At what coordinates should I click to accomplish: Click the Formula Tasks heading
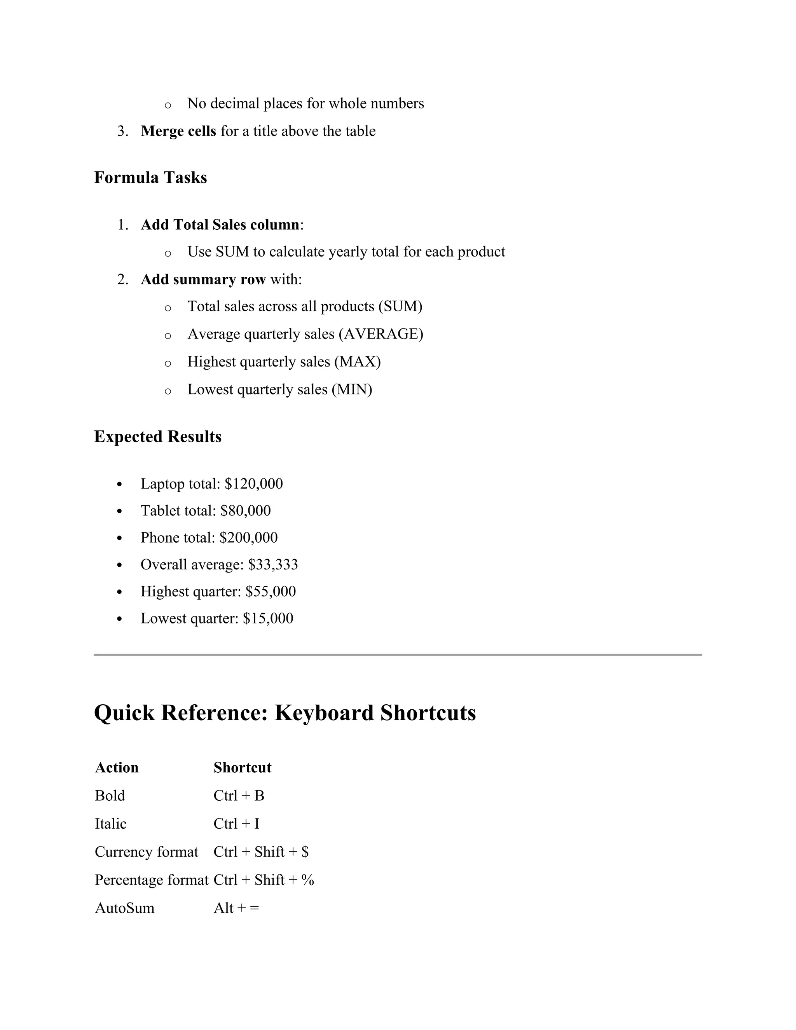point(150,178)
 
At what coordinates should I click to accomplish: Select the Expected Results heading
point(157,437)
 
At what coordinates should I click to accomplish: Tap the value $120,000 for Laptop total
point(254,484)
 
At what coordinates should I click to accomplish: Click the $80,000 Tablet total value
point(245,511)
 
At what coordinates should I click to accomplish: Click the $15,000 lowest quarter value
point(268,618)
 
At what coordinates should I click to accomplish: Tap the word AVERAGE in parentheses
point(381,334)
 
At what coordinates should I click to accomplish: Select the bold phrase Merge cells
point(178,131)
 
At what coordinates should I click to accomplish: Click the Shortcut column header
point(243,768)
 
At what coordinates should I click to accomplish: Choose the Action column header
point(117,768)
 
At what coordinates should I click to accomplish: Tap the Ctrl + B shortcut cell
point(239,796)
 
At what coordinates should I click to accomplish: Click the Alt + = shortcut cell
point(236,908)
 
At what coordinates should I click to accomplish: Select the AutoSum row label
point(124,908)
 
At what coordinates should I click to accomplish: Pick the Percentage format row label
point(151,880)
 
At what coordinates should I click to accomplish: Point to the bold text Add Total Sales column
point(220,225)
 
